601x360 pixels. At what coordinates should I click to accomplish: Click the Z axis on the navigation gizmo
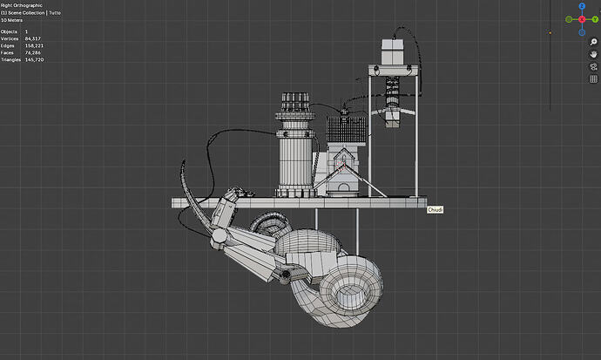click(582, 7)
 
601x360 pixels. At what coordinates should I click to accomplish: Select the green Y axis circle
click(569, 19)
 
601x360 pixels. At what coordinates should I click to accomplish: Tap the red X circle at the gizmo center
click(582, 19)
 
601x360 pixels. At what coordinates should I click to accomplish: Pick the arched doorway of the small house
click(345, 188)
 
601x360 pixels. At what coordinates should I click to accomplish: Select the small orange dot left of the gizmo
click(550, 33)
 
